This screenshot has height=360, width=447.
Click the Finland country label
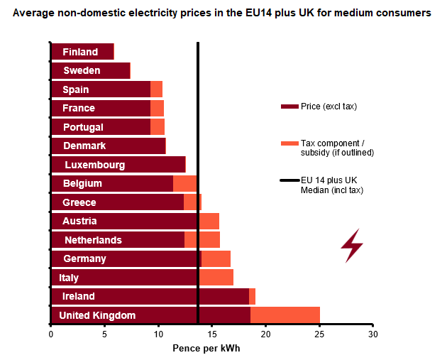click(x=80, y=52)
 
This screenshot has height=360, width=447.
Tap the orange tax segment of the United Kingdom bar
click(x=285, y=315)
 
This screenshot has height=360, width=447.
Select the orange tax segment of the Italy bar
click(x=216, y=277)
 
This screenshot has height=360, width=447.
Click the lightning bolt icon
click(x=352, y=245)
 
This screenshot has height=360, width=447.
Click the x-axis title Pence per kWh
click(x=206, y=349)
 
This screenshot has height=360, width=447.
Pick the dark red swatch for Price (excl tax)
click(x=289, y=107)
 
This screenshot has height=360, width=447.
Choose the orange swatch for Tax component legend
click(x=289, y=143)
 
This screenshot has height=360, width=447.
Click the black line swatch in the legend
click(x=290, y=180)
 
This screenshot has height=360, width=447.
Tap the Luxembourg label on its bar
click(x=94, y=165)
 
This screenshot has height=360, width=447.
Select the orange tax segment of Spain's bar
click(x=156, y=89)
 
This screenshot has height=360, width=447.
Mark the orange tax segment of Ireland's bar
click(x=252, y=296)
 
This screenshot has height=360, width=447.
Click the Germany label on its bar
click(x=84, y=258)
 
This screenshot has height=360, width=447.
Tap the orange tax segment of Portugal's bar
click(x=158, y=126)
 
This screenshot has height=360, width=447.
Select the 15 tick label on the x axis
click(x=212, y=334)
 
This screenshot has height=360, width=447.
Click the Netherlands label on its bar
click(x=93, y=240)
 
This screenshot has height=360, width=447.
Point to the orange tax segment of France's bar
click(x=157, y=108)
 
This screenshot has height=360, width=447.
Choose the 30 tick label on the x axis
click(x=373, y=334)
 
